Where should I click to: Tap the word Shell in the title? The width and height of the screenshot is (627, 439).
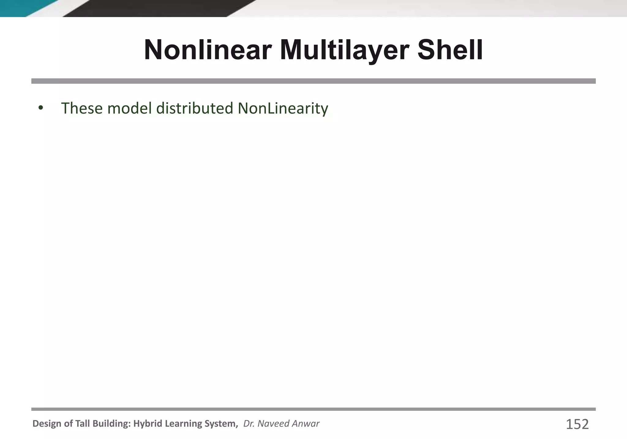450,50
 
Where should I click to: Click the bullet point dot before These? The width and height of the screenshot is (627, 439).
41,108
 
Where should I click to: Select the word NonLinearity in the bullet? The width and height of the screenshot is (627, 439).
283,108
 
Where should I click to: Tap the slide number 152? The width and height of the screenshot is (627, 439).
577,424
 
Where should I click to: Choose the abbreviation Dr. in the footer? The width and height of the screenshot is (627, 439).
249,424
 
